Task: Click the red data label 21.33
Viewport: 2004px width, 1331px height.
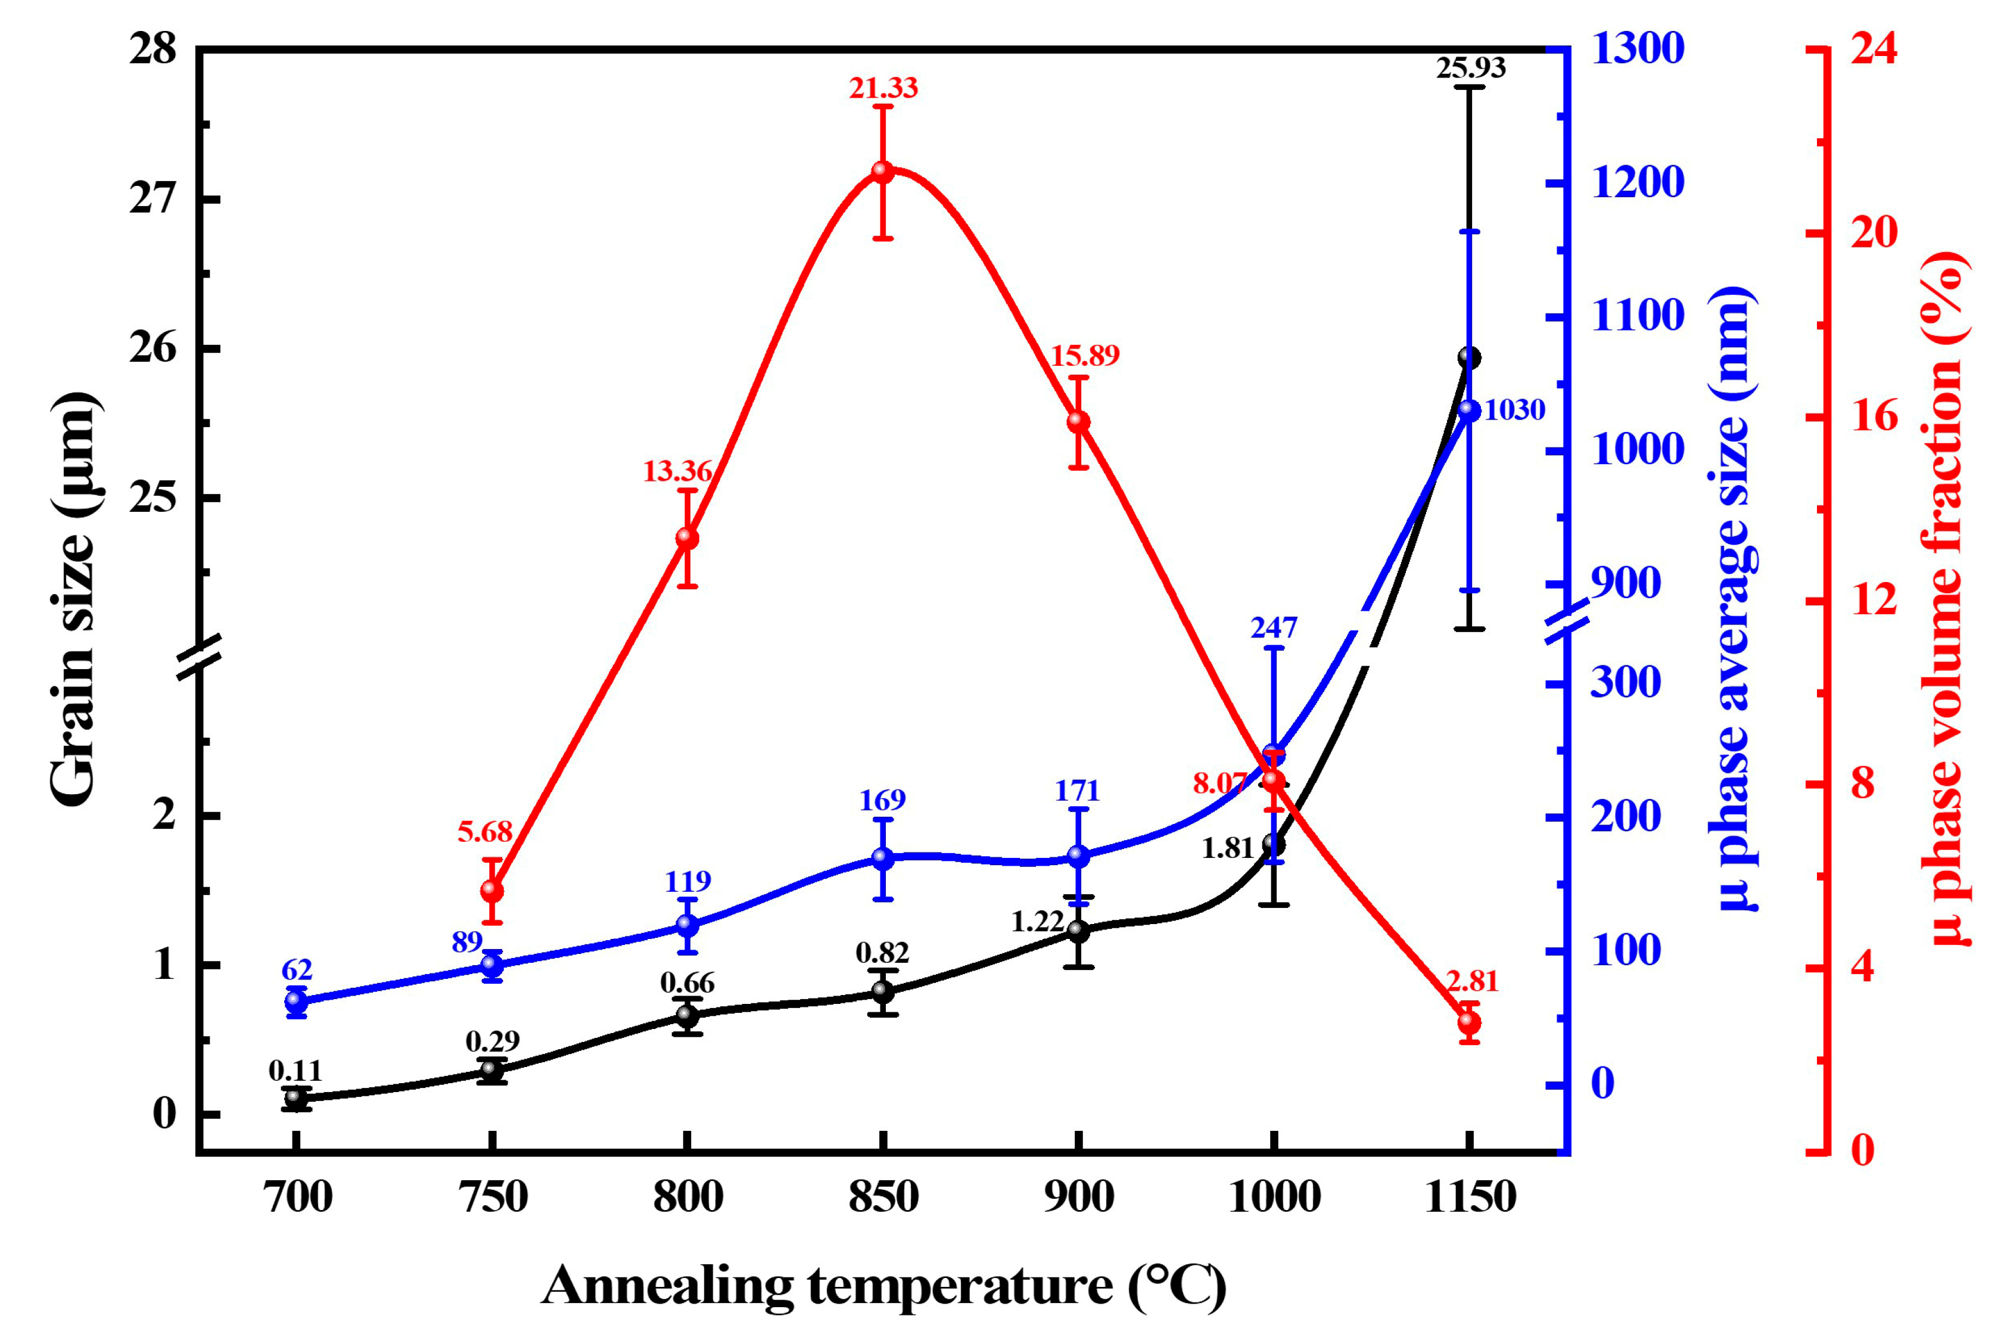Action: pos(883,88)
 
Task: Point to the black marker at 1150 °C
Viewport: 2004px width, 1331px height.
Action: pos(1469,357)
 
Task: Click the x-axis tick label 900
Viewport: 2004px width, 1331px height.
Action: pos(1078,1198)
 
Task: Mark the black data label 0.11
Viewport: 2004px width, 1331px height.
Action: pos(295,1071)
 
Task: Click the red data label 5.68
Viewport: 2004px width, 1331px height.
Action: pos(485,832)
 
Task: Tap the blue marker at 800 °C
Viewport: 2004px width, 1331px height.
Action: pos(687,925)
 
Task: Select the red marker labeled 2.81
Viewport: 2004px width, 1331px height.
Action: pos(1469,1024)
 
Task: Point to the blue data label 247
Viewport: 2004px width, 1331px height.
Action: pos(1273,628)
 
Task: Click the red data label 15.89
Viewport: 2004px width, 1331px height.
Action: pos(1085,356)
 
